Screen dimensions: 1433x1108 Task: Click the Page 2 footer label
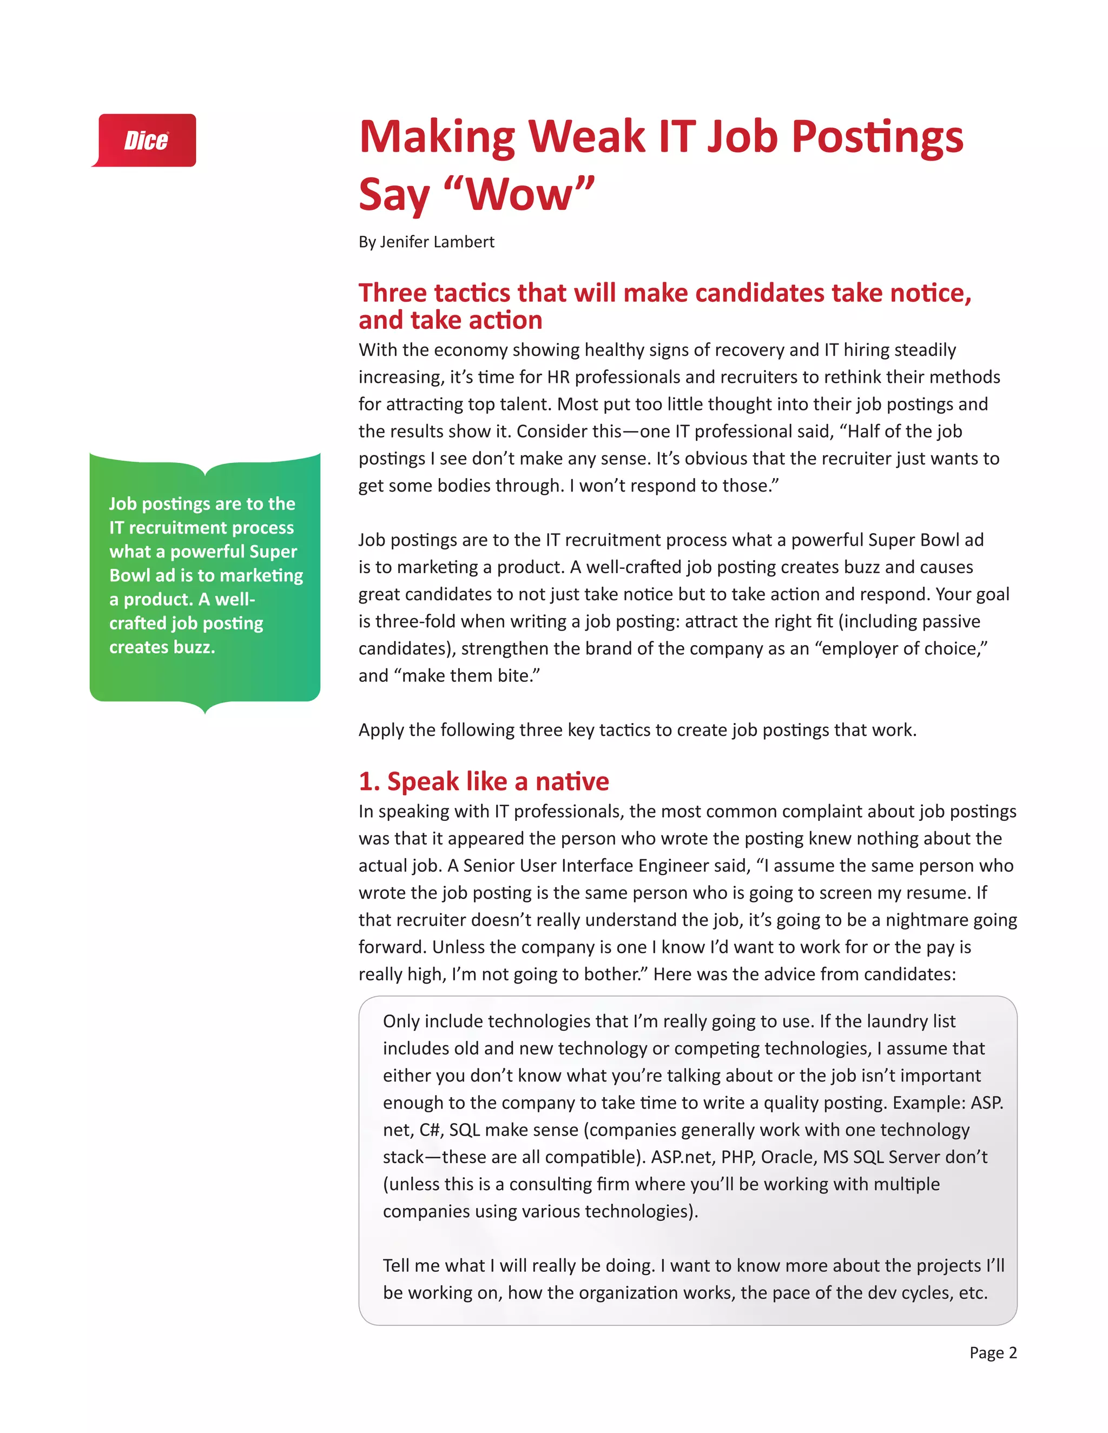coord(992,1352)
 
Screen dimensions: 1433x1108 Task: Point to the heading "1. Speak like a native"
coord(484,781)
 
